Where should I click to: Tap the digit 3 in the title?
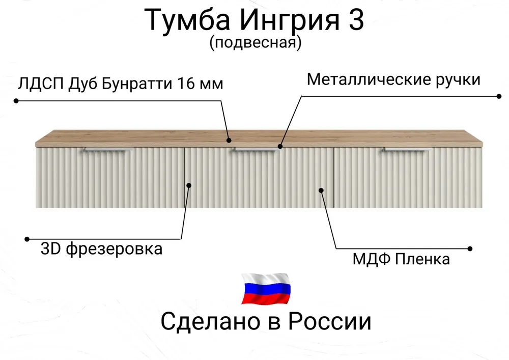click(355, 21)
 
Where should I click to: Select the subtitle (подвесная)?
click(255, 43)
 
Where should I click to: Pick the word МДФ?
click(370, 259)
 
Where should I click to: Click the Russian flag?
click(266, 289)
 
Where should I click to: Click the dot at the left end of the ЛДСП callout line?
click(16, 101)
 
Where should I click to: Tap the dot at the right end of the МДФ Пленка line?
click(470, 248)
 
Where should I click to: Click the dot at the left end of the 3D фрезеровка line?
click(27, 238)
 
